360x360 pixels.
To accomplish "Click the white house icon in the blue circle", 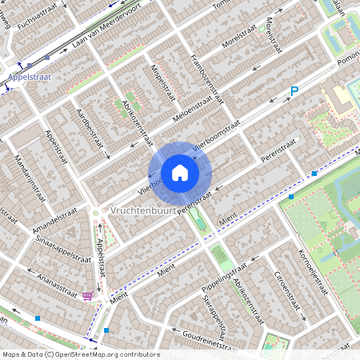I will (x=180, y=173).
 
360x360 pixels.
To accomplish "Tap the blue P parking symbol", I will (x=294, y=92).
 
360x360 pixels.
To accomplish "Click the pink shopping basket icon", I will (x=87, y=296).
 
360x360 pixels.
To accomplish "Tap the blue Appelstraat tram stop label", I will (x=29, y=78).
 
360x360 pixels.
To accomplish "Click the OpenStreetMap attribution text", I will (x=80, y=354).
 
